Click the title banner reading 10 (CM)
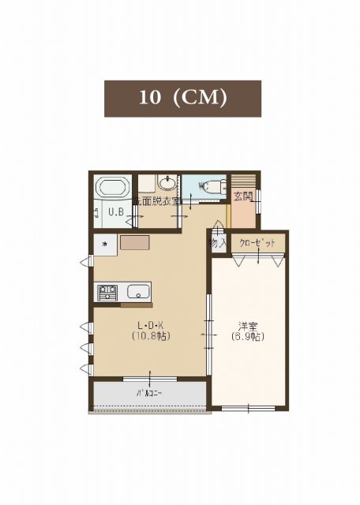tap(182, 98)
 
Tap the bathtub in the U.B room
tap(112, 189)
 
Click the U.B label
tap(115, 211)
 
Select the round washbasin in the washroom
tap(167, 183)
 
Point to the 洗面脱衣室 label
tap(157, 201)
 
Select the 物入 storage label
tap(218, 243)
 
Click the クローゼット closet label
tap(257, 243)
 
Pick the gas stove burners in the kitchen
tap(107, 292)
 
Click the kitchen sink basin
tap(138, 291)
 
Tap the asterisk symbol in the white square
tap(103, 244)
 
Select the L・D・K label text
tap(152, 325)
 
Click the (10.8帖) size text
tap(152, 336)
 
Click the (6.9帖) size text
tap(248, 336)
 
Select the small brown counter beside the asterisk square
tap(134, 243)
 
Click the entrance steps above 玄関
tap(242, 181)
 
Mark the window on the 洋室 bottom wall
tap(248, 408)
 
